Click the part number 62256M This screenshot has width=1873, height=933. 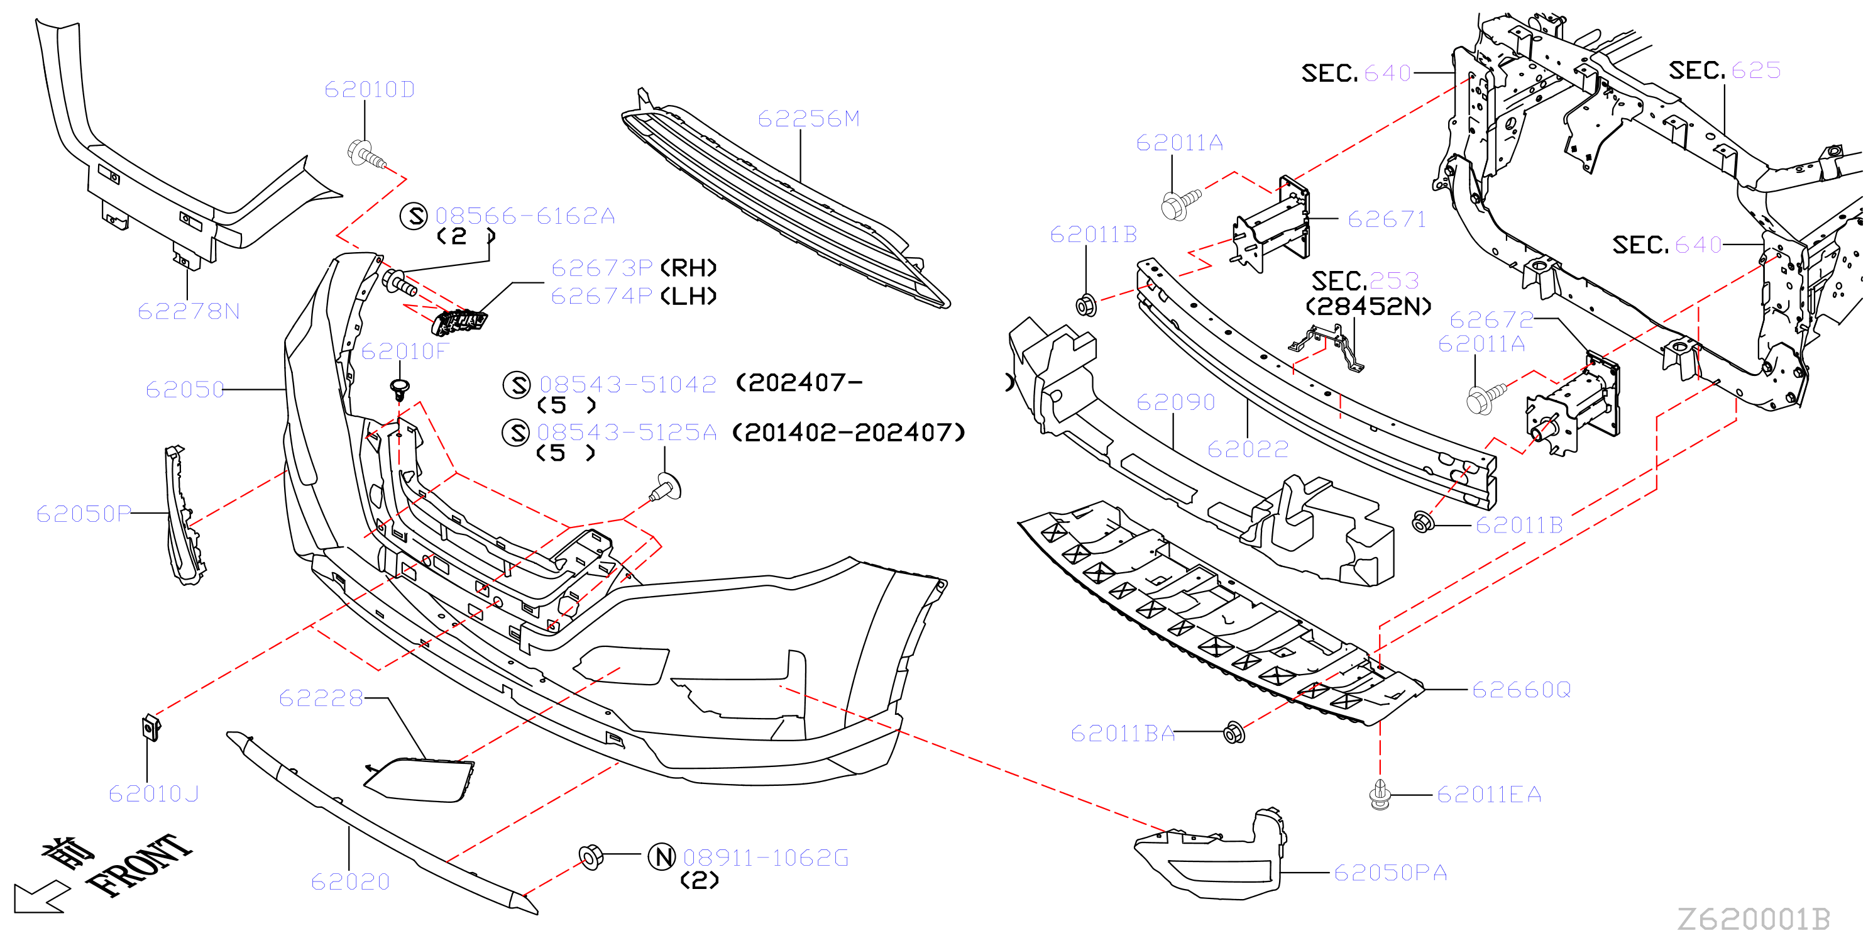pos(808,119)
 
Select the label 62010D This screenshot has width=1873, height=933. pos(370,89)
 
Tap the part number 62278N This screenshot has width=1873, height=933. pos(189,311)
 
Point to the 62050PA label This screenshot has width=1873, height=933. pos(1390,872)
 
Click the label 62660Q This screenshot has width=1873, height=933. pos(1521,690)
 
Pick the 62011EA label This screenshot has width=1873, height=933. pos(1489,794)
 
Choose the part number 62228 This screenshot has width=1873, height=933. pos(321,698)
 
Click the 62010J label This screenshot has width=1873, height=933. pos(153,793)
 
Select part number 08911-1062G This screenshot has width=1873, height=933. pos(766,858)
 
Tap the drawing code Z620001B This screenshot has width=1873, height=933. pos(1754,919)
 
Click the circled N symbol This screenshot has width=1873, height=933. pos(662,857)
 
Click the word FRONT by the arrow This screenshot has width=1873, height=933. pos(139,864)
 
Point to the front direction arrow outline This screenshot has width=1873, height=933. pos(40,896)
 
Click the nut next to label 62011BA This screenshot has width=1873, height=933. pos(1234,732)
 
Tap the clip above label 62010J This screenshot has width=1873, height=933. pos(150,727)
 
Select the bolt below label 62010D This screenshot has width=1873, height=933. pos(367,155)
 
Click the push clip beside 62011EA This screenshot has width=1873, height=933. pos(1380,795)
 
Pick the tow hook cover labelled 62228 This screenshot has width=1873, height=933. pos(419,780)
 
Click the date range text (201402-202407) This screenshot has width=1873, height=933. pos(849,433)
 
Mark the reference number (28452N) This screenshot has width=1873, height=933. pos(1368,306)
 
